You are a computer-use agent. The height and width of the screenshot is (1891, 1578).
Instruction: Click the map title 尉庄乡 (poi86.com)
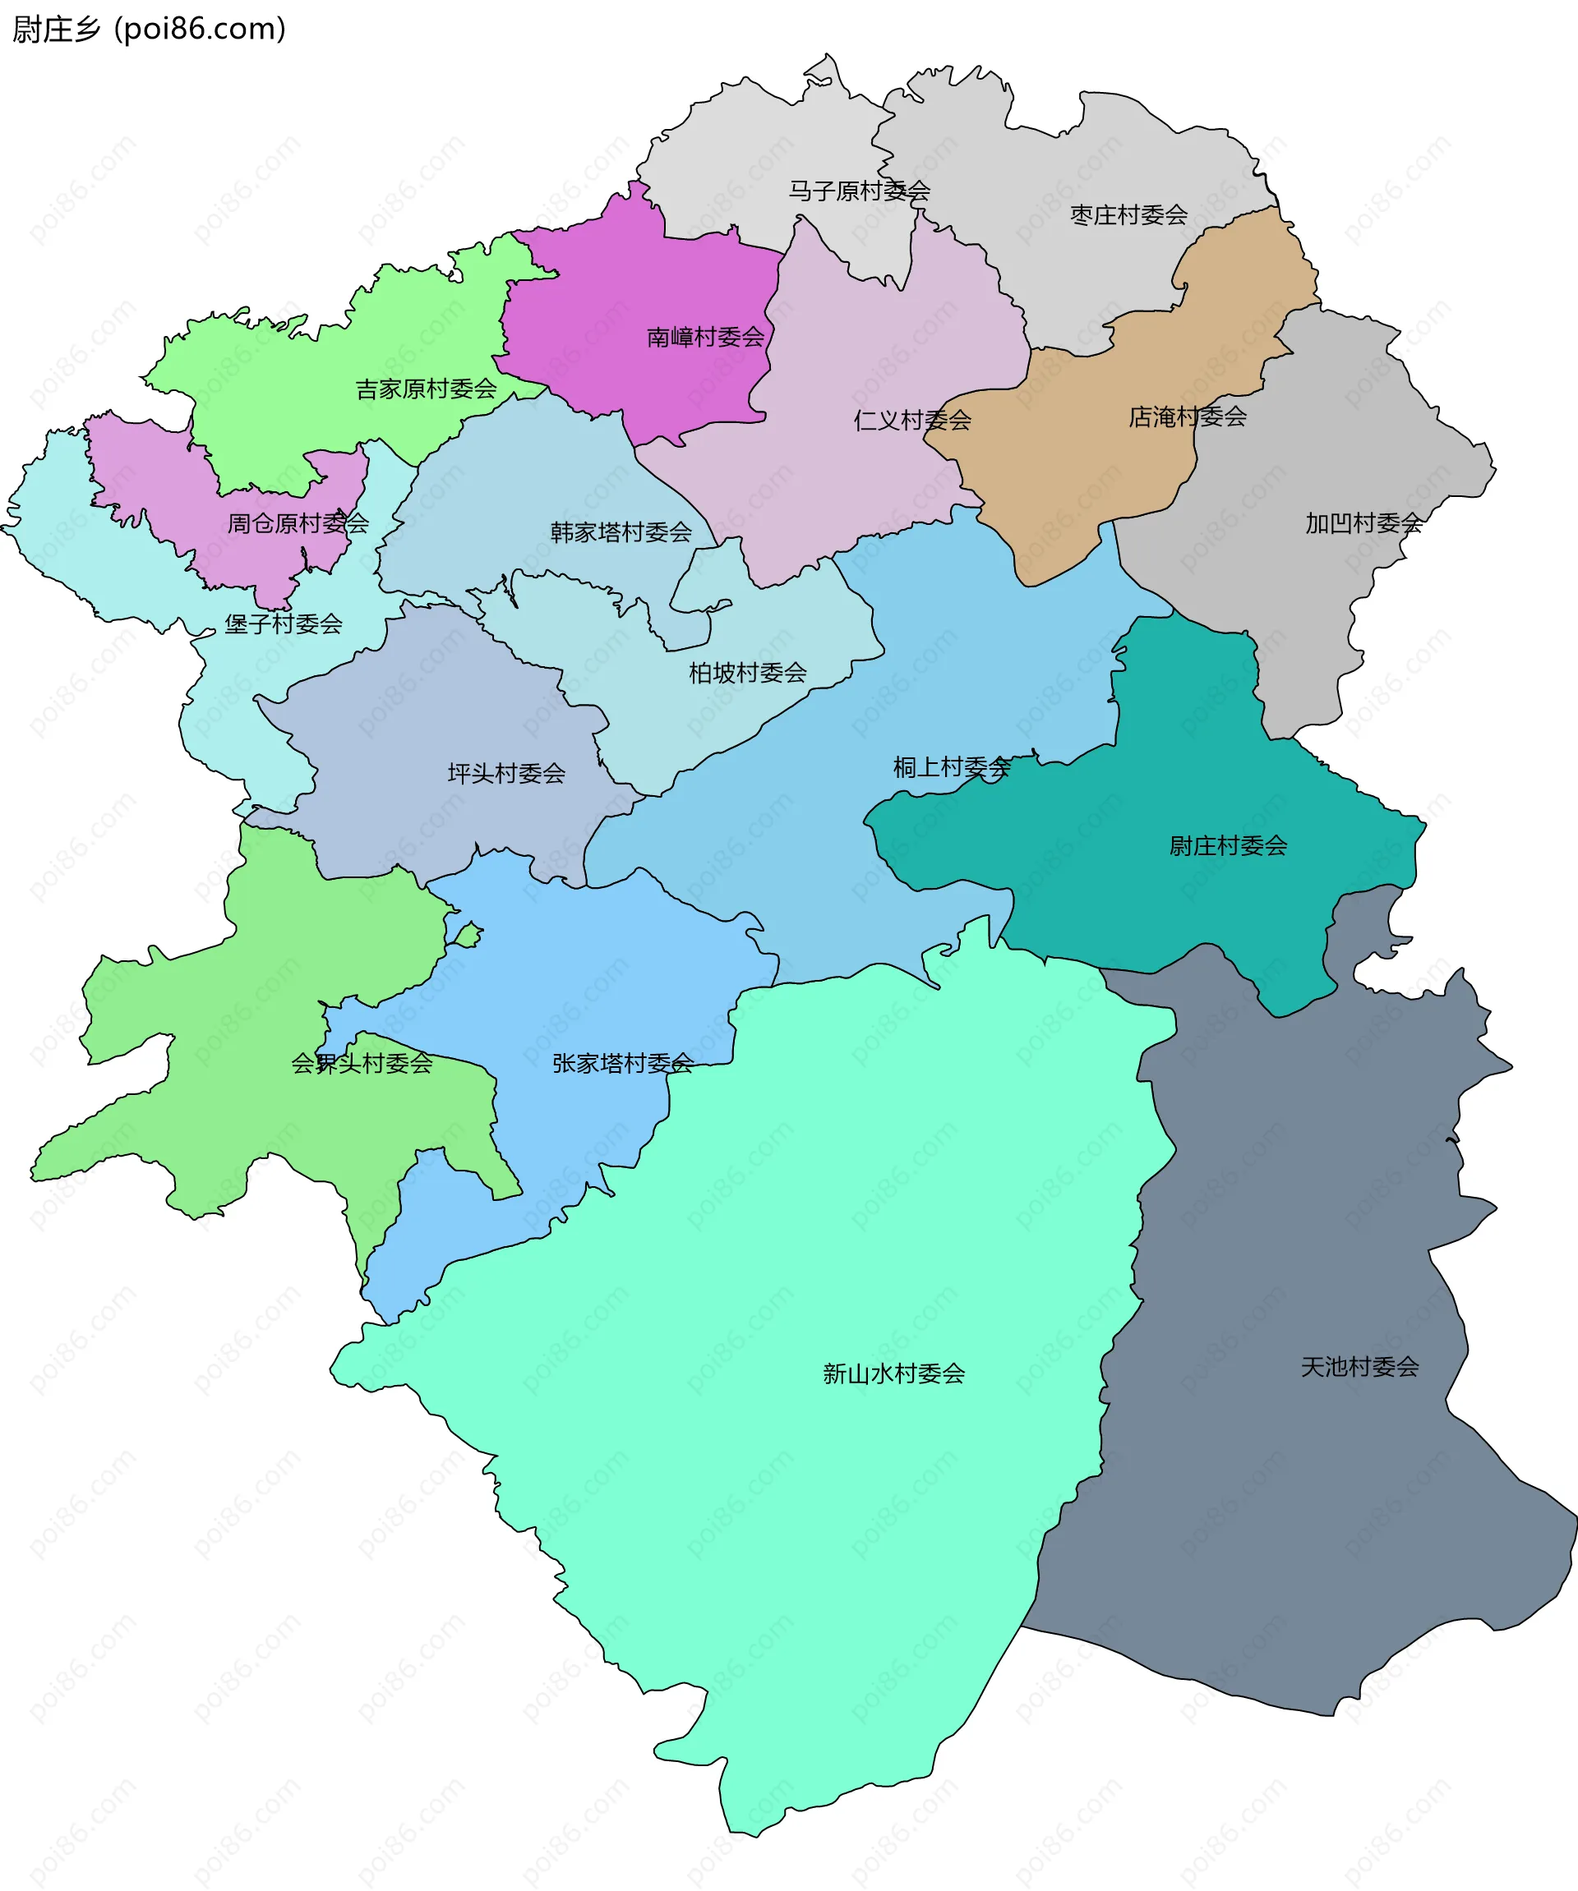coord(149,29)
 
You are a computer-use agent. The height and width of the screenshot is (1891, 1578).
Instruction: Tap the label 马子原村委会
coord(858,191)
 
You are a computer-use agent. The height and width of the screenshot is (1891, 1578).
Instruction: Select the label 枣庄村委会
coord(1128,215)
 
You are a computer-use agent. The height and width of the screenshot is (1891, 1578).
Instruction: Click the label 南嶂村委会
coord(705,338)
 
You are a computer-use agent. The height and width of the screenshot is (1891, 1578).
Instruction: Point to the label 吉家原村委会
coord(426,389)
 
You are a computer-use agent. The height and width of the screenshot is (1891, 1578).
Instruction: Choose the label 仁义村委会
coord(911,421)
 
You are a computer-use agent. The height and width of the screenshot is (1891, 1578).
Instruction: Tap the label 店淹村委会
coord(1187,417)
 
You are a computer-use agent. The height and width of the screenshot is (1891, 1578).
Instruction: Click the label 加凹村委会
coord(1363,523)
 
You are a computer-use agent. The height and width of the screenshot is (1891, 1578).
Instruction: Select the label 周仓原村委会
coord(298,523)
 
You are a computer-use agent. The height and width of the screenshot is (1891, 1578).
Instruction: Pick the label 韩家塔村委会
coord(621,532)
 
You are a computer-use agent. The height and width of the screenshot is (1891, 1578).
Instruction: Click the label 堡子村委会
coord(283,623)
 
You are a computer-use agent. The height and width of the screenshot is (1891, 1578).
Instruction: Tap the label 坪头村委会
coord(506,773)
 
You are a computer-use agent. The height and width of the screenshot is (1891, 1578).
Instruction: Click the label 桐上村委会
coord(951,767)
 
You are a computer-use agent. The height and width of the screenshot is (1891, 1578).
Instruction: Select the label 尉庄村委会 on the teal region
coord(1228,845)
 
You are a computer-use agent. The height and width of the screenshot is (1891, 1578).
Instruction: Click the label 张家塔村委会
coord(622,1064)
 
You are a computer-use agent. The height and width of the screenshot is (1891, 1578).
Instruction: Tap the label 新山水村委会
coord(893,1373)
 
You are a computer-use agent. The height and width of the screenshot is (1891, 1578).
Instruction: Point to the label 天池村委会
coord(1359,1367)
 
